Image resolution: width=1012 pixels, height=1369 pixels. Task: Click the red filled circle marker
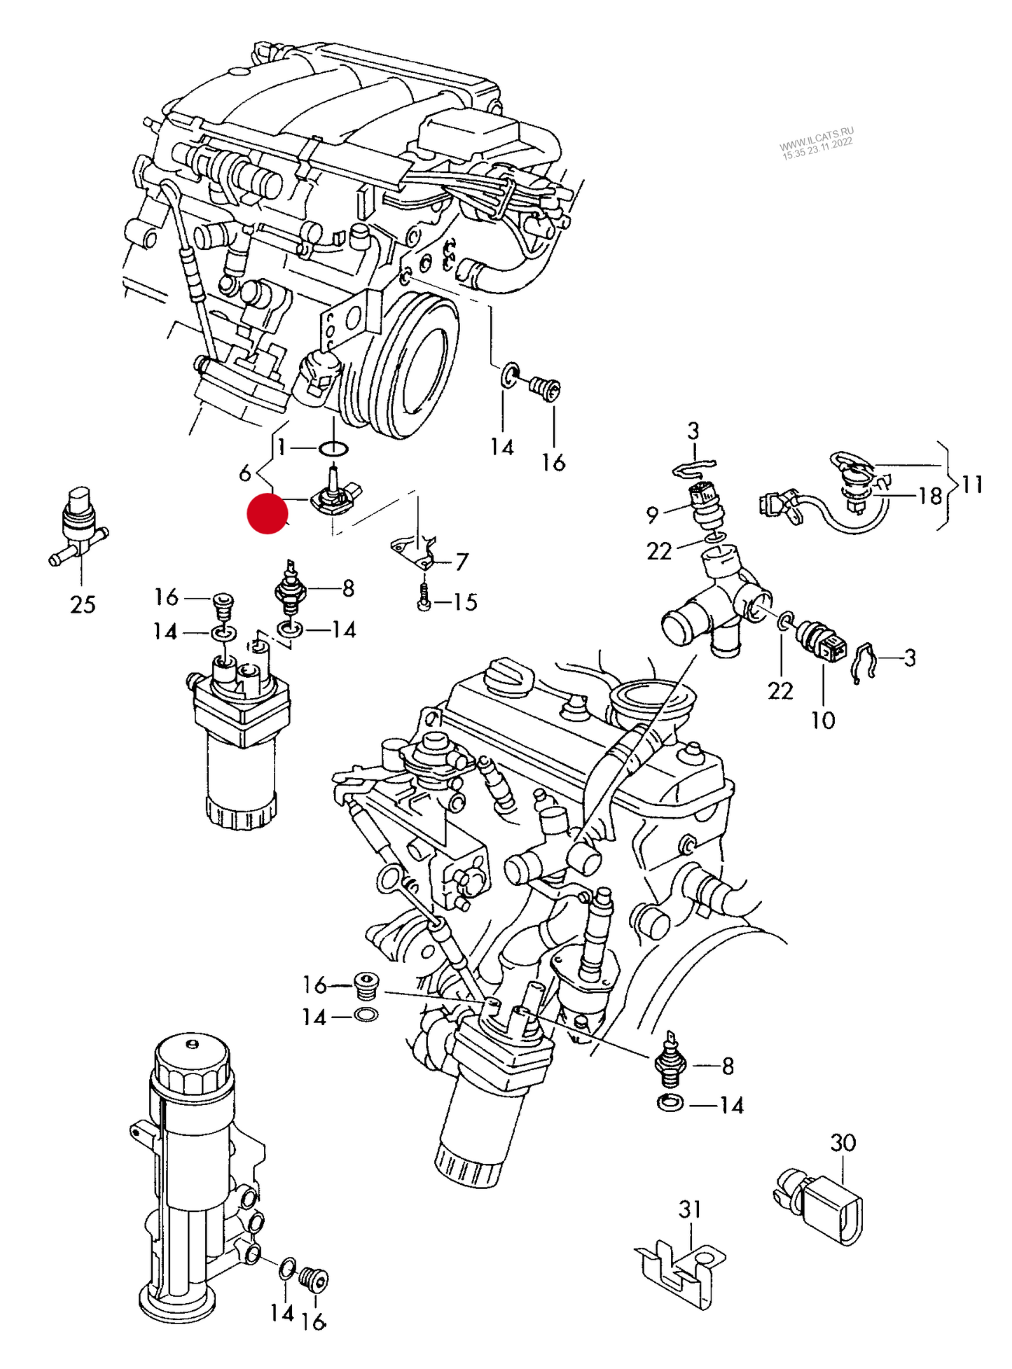click(268, 514)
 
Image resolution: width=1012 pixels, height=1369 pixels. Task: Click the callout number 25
click(83, 604)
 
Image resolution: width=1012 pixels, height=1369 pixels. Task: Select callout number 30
click(843, 1143)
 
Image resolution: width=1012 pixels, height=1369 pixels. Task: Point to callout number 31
click(690, 1209)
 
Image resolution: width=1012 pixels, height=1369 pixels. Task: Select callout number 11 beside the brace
click(972, 485)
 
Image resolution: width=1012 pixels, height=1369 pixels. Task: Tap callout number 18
click(930, 496)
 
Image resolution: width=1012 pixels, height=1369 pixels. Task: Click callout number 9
click(652, 515)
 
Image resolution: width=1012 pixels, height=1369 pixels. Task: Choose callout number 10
click(823, 720)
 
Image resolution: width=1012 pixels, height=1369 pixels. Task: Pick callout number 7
click(462, 562)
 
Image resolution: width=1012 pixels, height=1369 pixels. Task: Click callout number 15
click(465, 602)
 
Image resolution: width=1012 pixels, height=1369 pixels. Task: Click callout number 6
click(244, 473)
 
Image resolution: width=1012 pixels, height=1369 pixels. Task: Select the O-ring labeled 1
click(334, 448)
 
